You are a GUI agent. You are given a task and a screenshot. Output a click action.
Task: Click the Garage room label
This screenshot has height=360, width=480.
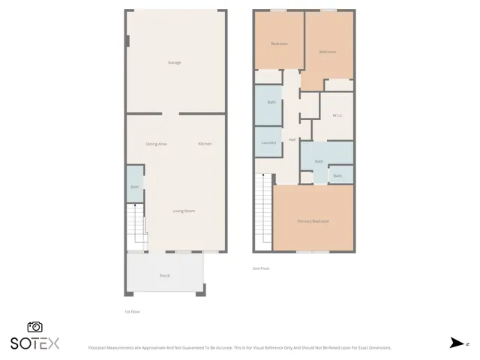click(x=174, y=62)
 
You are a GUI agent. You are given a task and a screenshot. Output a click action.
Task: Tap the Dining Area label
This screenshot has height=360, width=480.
click(x=156, y=144)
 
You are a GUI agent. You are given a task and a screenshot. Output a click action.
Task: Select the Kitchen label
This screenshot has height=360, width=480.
click(x=205, y=144)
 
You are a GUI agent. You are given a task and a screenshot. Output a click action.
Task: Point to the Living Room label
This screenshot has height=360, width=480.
click(x=184, y=211)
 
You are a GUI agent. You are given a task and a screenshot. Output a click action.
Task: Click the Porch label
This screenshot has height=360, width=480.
click(x=164, y=275)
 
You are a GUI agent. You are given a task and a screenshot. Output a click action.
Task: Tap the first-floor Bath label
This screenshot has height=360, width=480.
click(x=135, y=187)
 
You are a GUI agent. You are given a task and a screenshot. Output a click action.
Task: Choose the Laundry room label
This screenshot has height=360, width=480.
click(x=269, y=142)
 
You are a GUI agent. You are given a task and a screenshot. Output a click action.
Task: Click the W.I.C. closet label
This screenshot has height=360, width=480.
click(x=337, y=115)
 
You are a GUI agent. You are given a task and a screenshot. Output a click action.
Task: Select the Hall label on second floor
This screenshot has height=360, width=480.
click(x=291, y=139)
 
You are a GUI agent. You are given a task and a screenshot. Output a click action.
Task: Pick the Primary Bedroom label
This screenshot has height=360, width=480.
click(x=313, y=221)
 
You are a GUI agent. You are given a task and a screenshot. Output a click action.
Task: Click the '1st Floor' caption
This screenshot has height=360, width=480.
click(x=132, y=311)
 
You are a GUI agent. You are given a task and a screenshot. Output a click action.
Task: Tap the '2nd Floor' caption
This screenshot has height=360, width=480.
click(x=261, y=268)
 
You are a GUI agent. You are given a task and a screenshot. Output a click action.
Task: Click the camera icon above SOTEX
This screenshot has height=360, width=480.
click(x=34, y=327)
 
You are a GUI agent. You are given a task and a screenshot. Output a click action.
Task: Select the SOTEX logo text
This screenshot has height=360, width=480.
click(x=34, y=343)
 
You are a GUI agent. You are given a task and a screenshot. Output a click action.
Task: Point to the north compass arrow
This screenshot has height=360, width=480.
click(x=456, y=343)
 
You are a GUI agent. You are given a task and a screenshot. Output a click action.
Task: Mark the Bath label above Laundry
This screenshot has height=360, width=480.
click(x=271, y=102)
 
